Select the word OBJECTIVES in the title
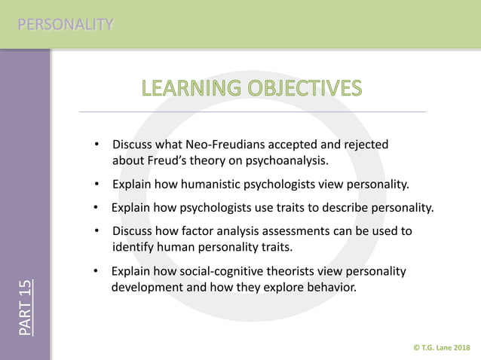[x=305, y=89]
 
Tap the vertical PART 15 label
[x=26, y=308]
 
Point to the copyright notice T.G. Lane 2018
[x=442, y=346]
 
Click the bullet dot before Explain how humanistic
[x=97, y=184]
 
